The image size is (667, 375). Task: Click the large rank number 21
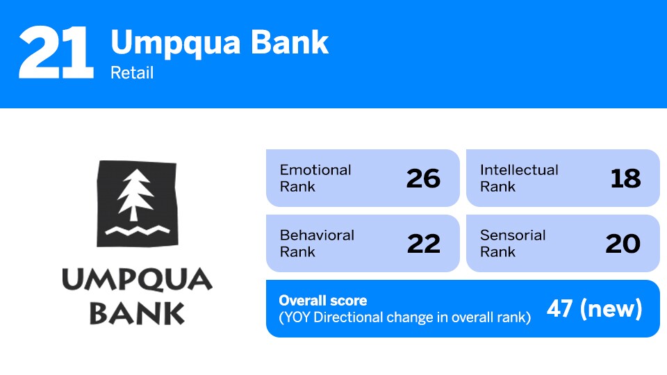pyautogui.click(x=56, y=53)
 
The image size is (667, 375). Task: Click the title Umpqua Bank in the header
pyautogui.click(x=220, y=43)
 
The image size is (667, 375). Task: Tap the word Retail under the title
pyautogui.click(x=132, y=72)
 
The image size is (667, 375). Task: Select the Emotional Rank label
pyautogui.click(x=315, y=178)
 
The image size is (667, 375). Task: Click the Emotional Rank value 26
pyautogui.click(x=423, y=178)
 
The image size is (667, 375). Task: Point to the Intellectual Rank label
pyautogui.click(x=519, y=178)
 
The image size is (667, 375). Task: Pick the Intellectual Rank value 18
pyautogui.click(x=625, y=178)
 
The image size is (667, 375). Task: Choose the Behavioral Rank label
pyautogui.click(x=317, y=243)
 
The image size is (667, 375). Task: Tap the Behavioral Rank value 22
pyautogui.click(x=423, y=244)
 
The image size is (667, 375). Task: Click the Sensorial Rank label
pyautogui.click(x=513, y=243)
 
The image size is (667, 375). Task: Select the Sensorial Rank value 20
pyautogui.click(x=623, y=244)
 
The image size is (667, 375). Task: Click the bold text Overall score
pyautogui.click(x=323, y=301)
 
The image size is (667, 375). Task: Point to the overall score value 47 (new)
pyautogui.click(x=594, y=309)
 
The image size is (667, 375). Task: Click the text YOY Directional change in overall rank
pyautogui.click(x=405, y=317)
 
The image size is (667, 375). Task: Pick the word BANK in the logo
pyautogui.click(x=137, y=313)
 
